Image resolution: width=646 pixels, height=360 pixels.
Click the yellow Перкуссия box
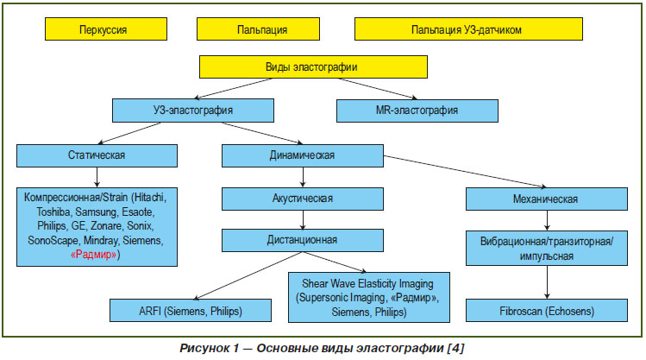tap(106, 28)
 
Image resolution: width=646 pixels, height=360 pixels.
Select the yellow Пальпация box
tap(259, 28)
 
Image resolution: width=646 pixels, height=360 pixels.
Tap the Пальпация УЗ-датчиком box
tap(468, 28)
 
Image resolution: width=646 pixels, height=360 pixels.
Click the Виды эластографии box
tap(313, 66)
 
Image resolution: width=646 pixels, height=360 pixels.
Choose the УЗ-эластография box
tap(193, 111)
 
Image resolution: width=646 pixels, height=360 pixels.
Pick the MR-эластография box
tap(417, 111)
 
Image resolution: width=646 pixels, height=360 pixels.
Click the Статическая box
tap(97, 155)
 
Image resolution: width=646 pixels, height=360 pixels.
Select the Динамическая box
tap(303, 155)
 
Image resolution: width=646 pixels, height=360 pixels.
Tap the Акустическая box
tap(303, 199)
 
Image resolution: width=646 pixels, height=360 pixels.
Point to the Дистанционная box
tap(303, 240)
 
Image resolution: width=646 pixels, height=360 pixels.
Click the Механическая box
tap(546, 199)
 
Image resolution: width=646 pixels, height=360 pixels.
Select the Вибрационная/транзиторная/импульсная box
tap(546, 248)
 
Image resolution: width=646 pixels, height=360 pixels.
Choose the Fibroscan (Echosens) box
tap(546, 311)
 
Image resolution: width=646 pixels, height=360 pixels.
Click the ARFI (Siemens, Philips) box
tap(191, 311)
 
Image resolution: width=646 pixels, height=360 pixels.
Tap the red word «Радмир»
tap(93, 255)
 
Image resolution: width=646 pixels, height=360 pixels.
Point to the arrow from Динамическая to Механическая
tap(465, 172)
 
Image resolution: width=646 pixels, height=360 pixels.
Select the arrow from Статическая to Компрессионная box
tap(97, 177)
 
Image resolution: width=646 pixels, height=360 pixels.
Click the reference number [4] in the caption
tap(455, 348)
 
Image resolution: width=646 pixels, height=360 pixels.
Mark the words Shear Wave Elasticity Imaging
tap(367, 284)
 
